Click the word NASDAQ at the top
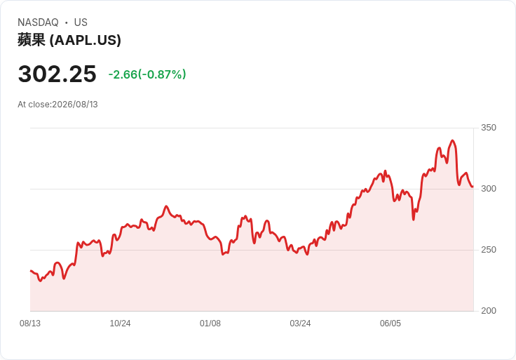click(x=38, y=22)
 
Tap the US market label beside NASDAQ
click(x=81, y=22)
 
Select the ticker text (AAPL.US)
click(x=86, y=40)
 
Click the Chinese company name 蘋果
click(x=32, y=40)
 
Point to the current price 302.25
click(x=57, y=74)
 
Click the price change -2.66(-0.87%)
click(x=147, y=74)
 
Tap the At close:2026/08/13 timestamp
click(x=57, y=105)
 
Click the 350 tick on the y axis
click(x=489, y=128)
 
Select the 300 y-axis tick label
click(x=489, y=189)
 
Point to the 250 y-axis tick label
click(x=489, y=250)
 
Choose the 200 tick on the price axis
click(x=489, y=311)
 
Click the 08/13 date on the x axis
click(x=30, y=324)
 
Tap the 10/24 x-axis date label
click(x=120, y=324)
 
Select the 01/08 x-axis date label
click(x=210, y=324)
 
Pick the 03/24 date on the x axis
click(x=300, y=324)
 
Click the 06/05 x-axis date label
click(x=391, y=324)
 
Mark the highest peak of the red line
click(x=452, y=140)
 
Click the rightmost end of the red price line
click(x=473, y=187)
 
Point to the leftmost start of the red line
click(x=31, y=271)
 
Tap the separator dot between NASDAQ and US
click(x=67, y=22)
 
